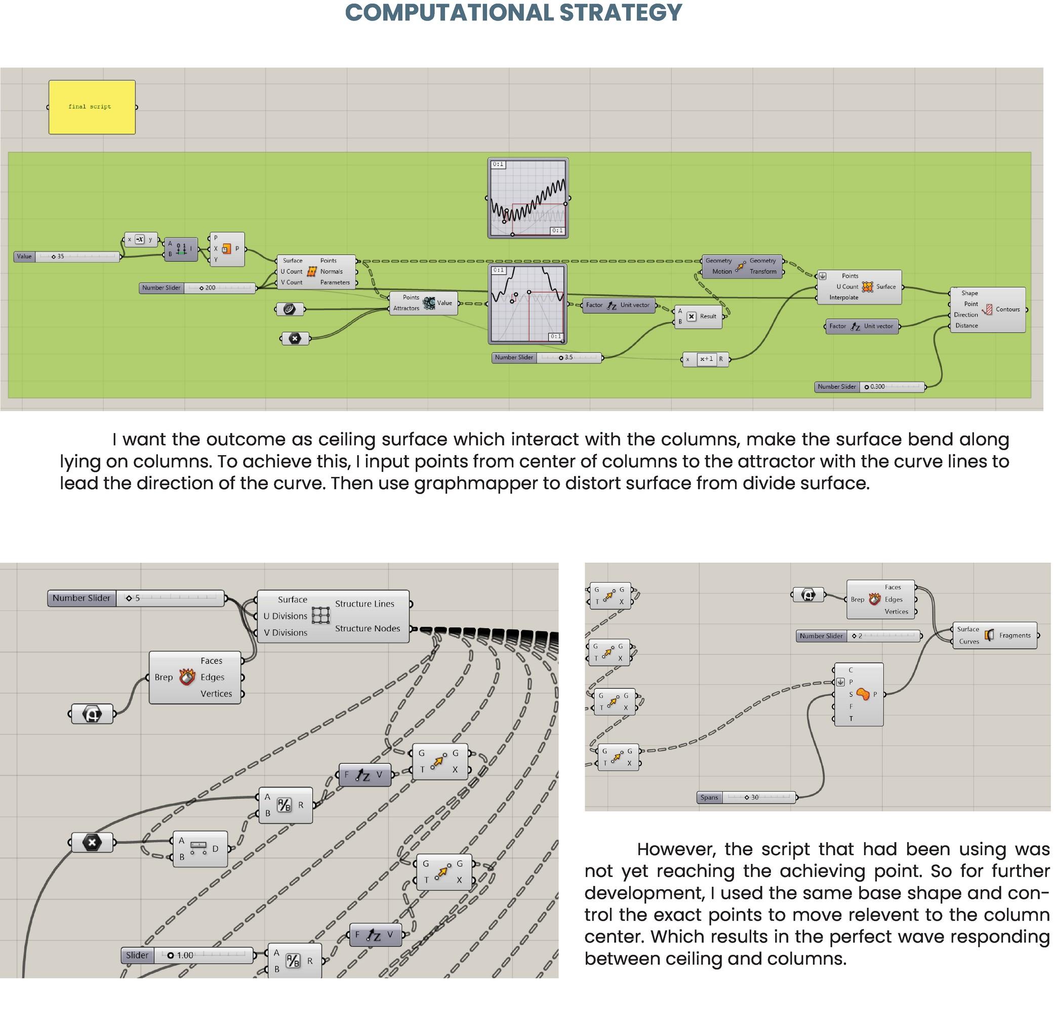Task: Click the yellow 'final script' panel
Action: pyautogui.click(x=92, y=107)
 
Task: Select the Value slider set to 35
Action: pyautogui.click(x=67, y=256)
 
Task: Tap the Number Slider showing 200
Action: pyautogui.click(x=197, y=288)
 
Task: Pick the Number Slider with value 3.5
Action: pyautogui.click(x=546, y=358)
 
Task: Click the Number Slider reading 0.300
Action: pyautogui.click(x=869, y=387)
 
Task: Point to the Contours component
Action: pyautogui.click(x=987, y=310)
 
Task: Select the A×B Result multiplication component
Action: pyautogui.click(x=699, y=316)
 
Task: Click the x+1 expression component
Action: pyautogui.click(x=706, y=359)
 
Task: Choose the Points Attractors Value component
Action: pyautogui.click(x=423, y=303)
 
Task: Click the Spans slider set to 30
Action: pyautogui.click(x=746, y=798)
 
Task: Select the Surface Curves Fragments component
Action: pyautogui.click(x=994, y=635)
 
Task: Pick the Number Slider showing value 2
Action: pyautogui.click(x=858, y=636)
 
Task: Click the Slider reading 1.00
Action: pyautogui.click(x=187, y=955)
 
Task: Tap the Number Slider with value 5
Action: pyautogui.click(x=136, y=598)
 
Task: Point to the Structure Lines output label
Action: pyautogui.click(x=364, y=604)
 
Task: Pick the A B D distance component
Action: pyautogui.click(x=199, y=849)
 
